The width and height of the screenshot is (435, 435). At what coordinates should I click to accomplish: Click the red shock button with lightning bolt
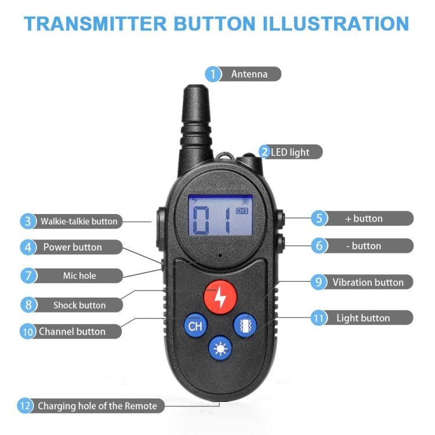coord(220,296)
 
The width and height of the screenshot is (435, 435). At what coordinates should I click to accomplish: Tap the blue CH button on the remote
coord(195,326)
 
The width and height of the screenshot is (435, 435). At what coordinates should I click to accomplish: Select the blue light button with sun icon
coord(220,348)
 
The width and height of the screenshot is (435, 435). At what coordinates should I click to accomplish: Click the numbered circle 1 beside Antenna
coord(213,74)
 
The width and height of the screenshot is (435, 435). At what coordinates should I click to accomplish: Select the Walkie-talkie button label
coord(78,221)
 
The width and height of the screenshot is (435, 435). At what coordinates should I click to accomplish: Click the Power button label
coord(72,247)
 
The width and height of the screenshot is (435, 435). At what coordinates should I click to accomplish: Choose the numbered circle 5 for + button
coord(319,219)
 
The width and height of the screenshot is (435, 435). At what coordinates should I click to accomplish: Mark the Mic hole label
coord(79,275)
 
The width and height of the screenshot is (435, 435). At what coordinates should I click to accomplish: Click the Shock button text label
coord(79,305)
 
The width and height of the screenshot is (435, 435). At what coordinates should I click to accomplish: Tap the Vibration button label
coord(368,282)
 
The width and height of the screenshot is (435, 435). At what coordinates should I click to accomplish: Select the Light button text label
coord(363,318)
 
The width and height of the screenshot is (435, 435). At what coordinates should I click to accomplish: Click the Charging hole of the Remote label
coord(97,406)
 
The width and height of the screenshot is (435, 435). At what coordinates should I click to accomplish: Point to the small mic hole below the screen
coord(220,255)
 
